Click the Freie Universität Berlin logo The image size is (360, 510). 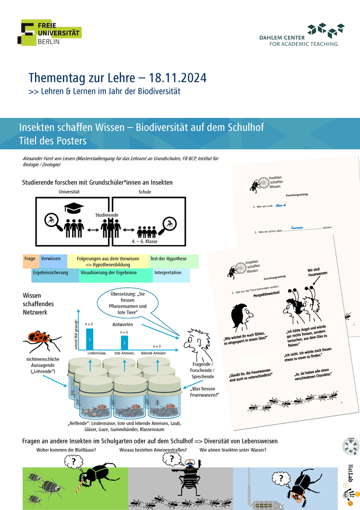[51, 32]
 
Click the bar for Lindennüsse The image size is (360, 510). [89, 339]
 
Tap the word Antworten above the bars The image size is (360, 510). [123, 325]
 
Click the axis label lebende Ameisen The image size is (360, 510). [153, 354]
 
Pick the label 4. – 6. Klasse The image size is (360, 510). [145, 241]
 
